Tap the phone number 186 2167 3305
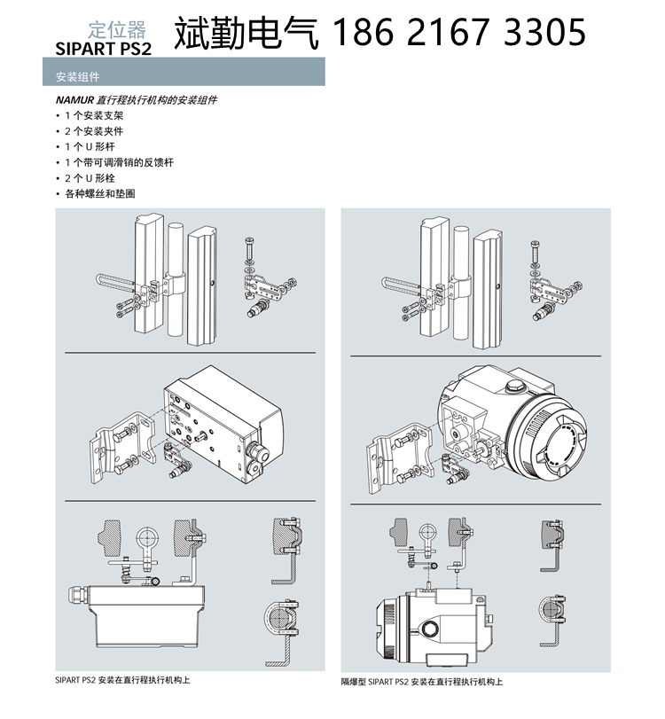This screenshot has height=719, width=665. pos(458,33)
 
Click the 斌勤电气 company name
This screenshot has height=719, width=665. pos(250,33)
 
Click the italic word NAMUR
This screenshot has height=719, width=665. pos(74,100)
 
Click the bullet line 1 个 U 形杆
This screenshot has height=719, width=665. pos(89,146)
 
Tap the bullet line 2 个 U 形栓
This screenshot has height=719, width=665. pos(89,177)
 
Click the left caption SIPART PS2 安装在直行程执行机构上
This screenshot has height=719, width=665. pos(122,680)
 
